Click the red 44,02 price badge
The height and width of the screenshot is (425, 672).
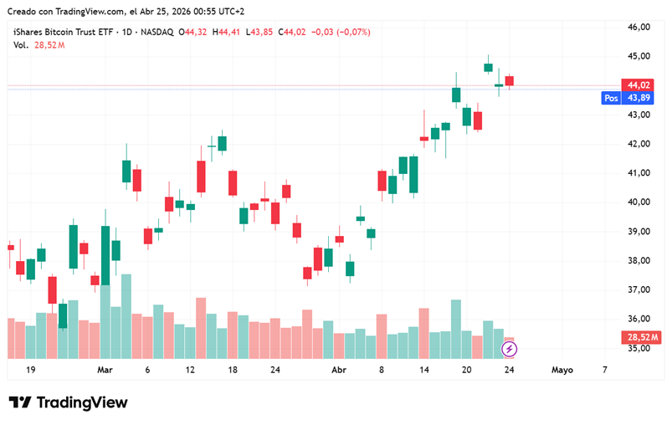click(x=639, y=84)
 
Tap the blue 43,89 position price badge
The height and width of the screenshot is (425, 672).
click(x=639, y=98)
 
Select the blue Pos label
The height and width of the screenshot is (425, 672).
click(x=611, y=98)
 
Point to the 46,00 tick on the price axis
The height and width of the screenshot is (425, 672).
click(x=639, y=27)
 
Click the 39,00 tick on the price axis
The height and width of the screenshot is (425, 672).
click(x=639, y=232)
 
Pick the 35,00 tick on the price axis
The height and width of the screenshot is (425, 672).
click(x=639, y=349)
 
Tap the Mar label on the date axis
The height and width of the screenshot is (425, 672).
click(x=105, y=369)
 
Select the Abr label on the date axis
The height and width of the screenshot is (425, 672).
click(x=339, y=369)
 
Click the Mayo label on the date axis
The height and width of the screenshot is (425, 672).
click(x=562, y=369)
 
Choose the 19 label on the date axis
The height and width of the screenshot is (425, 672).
click(x=30, y=369)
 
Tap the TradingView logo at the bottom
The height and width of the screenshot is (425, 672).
click(x=69, y=402)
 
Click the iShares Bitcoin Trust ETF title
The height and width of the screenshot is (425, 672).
click(x=63, y=32)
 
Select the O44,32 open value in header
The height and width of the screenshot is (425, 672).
click(x=195, y=32)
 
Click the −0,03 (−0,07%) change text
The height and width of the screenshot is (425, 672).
click(x=341, y=32)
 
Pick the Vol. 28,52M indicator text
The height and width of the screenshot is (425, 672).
click(x=38, y=44)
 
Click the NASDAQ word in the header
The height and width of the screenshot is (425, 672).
click(x=156, y=32)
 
